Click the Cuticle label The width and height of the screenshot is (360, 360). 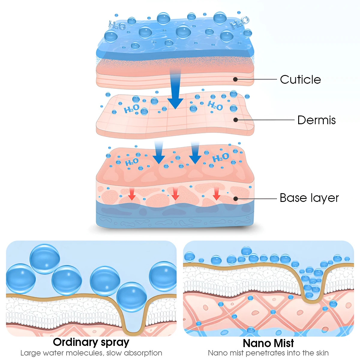tap(300, 79)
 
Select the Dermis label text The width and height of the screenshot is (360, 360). tap(316, 120)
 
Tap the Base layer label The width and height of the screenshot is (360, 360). tap(309, 198)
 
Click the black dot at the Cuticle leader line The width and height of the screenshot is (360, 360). tap(235, 79)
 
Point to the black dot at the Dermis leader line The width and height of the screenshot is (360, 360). tap(235, 120)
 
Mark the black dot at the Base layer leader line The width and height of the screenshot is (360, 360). tap(235, 199)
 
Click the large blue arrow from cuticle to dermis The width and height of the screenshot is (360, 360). tap(175, 90)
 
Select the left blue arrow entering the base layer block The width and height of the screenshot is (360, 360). tap(159, 153)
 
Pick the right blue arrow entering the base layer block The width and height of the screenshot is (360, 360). tap(195, 153)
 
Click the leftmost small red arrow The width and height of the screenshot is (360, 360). tap(132, 194)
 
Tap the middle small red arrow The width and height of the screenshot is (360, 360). tap(175, 194)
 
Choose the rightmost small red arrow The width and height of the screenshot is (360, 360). tap(216, 194)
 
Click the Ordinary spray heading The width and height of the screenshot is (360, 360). tap(91, 342)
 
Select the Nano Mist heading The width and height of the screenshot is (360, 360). tap(268, 343)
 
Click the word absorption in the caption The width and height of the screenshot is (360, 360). tap(143, 353)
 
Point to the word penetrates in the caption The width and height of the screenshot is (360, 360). tap(265, 353)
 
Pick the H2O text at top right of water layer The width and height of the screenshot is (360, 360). tap(239, 23)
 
